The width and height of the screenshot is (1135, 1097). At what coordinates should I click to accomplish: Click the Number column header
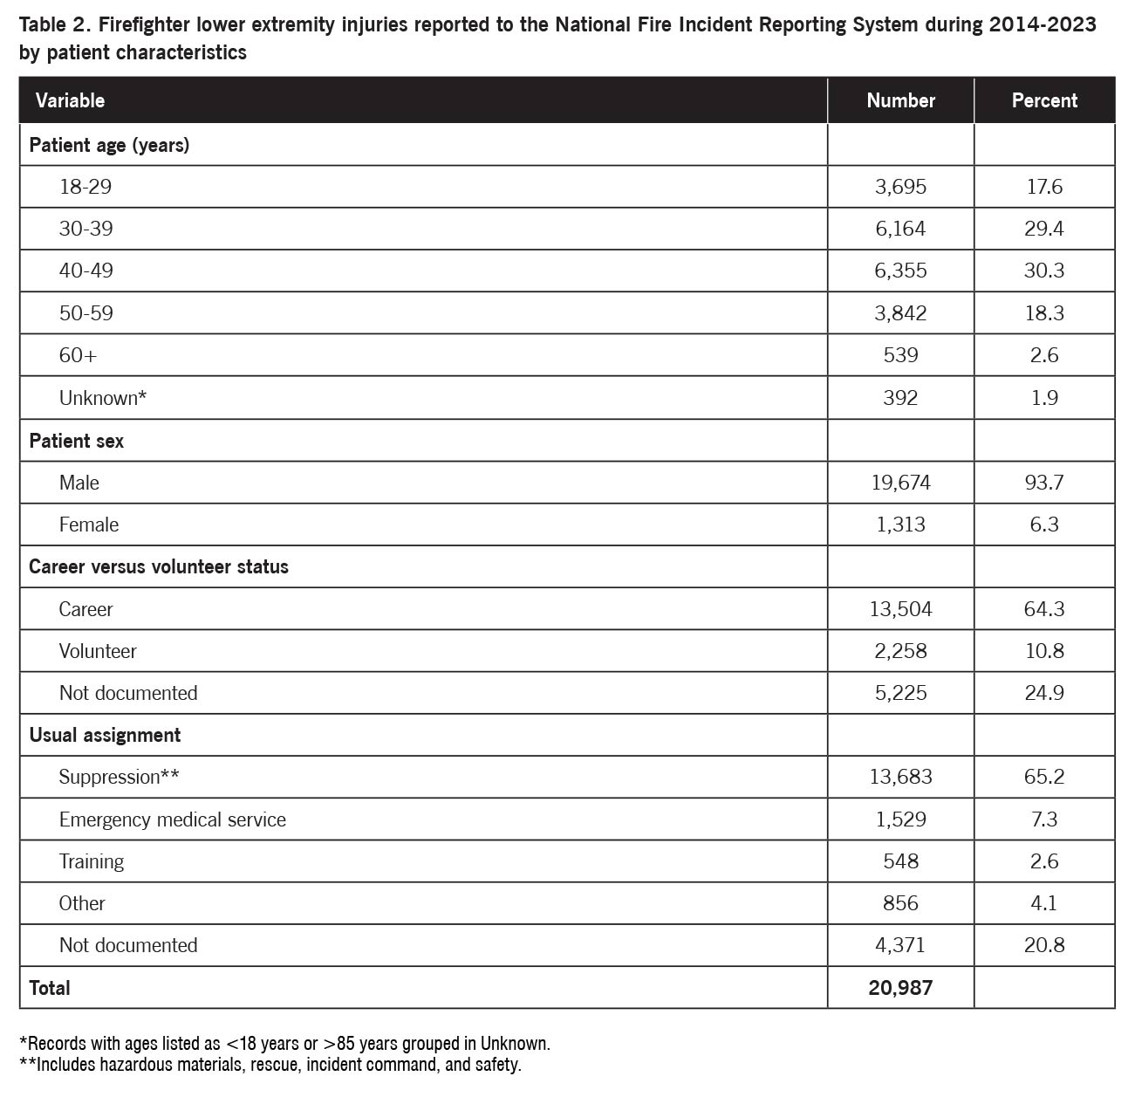(900, 100)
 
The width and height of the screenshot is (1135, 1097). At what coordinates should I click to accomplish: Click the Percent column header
(1044, 100)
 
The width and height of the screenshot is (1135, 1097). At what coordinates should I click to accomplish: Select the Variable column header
(70, 100)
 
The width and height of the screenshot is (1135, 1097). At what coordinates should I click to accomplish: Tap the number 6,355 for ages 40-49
(900, 271)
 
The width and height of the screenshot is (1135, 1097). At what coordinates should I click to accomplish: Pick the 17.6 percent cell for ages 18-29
(1044, 187)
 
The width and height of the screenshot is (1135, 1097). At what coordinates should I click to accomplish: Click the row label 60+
(78, 355)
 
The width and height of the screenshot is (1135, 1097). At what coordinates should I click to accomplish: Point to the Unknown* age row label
(102, 398)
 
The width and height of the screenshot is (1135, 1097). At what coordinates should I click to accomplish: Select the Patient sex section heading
(76, 441)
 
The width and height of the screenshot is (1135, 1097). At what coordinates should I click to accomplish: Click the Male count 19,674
(900, 483)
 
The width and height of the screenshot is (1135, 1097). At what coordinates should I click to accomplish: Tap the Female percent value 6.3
(1044, 525)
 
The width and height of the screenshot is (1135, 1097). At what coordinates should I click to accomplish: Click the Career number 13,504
(900, 609)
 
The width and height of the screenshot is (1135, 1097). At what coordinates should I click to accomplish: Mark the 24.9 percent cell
(1044, 693)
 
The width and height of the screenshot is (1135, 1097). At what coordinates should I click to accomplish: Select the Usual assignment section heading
(105, 735)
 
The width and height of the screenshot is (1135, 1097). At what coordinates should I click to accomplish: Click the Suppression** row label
(119, 777)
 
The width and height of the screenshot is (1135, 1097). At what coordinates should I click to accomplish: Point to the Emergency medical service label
(172, 819)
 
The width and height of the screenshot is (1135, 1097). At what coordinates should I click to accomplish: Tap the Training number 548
(900, 861)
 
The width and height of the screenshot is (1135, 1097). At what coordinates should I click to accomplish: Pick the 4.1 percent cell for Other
(1044, 903)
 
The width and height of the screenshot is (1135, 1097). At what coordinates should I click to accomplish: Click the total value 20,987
(900, 988)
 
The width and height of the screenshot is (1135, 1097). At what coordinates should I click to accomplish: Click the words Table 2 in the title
(51, 24)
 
